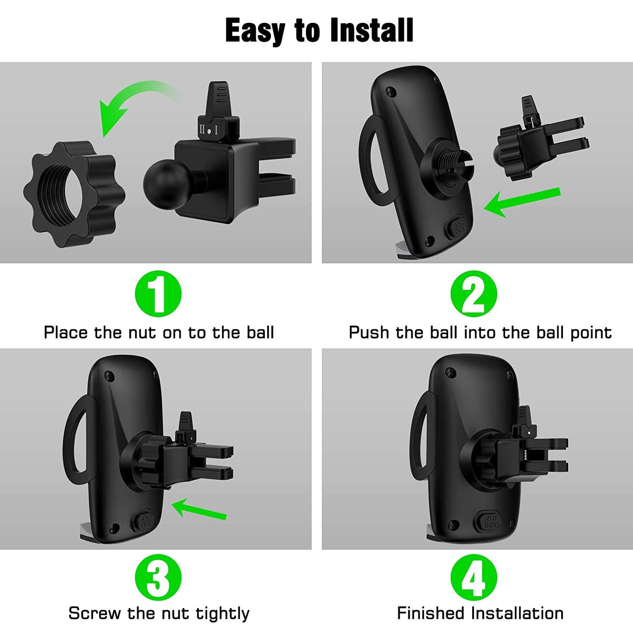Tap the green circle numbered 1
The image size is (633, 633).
[158, 294]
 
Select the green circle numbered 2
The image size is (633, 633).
[474, 294]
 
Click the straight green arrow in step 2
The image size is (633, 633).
[521, 202]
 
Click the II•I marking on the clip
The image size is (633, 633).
[209, 130]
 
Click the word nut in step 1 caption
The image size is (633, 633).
[142, 332]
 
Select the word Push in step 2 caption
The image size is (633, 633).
[368, 332]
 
